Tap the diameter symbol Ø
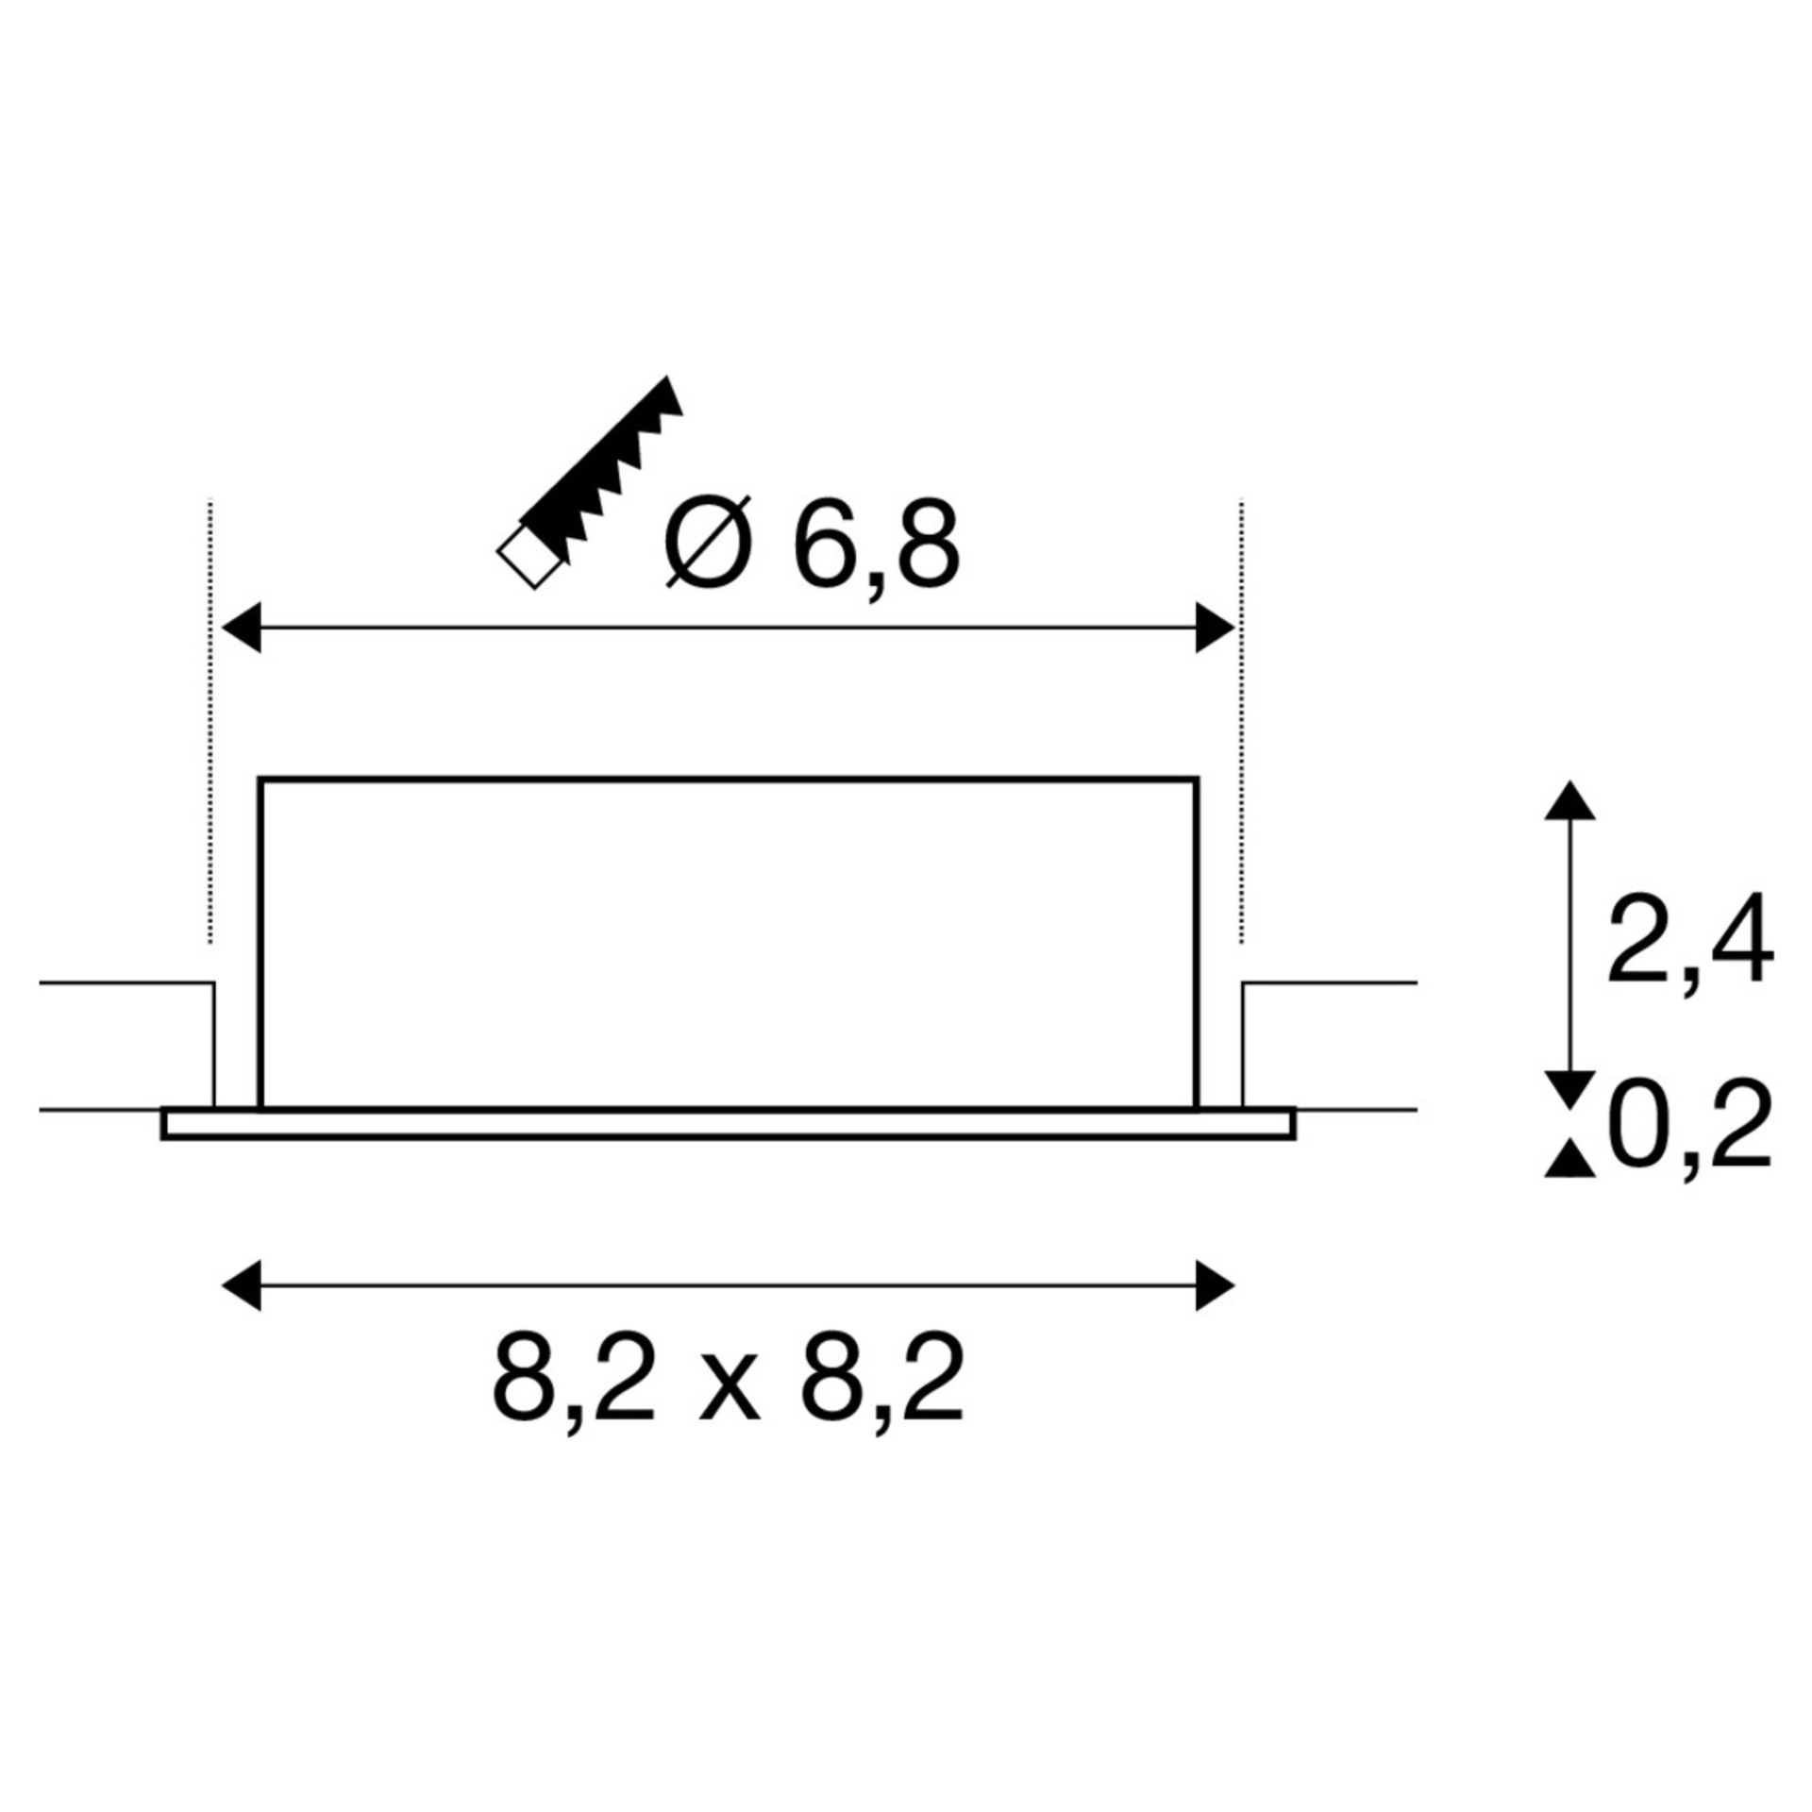709,542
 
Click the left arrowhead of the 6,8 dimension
241,627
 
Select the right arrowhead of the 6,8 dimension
1215,627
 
